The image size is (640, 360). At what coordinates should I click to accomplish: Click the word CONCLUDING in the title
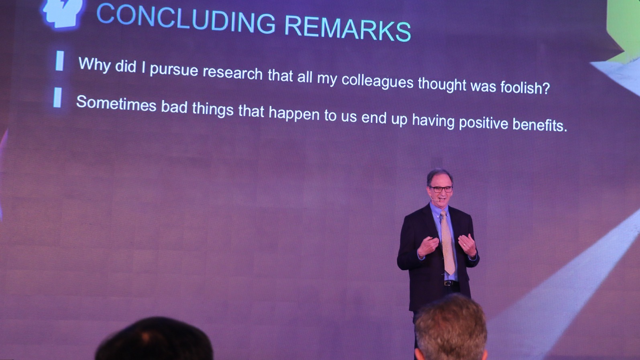186,18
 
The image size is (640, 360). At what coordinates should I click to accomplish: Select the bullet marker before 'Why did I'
60,61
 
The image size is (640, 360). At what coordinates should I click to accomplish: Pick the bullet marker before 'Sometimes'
57,98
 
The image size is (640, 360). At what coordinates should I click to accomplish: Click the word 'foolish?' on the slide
525,87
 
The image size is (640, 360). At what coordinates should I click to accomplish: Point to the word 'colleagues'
377,81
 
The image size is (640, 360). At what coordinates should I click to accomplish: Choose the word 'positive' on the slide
483,123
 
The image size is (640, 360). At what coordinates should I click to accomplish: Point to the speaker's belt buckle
448,283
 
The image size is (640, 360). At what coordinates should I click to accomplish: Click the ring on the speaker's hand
465,245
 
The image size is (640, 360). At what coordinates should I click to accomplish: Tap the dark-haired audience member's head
154,339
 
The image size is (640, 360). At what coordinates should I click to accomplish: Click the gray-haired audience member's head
450,328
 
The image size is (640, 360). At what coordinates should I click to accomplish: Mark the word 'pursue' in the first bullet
174,70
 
